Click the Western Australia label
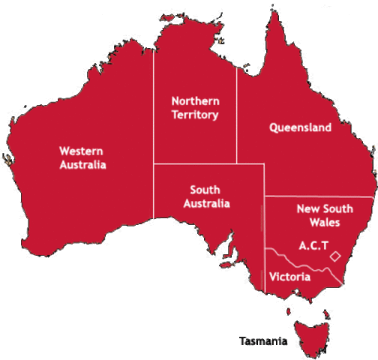click(x=82, y=157)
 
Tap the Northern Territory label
click(x=194, y=107)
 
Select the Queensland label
click(x=300, y=127)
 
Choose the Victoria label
click(x=289, y=277)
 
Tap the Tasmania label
click(x=262, y=341)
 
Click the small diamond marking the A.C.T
click(x=336, y=256)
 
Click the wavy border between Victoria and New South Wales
click(x=300, y=262)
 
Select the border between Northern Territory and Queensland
click(x=237, y=112)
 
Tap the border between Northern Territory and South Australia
click(x=195, y=163)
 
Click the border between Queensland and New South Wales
click(x=315, y=196)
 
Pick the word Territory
click(x=194, y=115)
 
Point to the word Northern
click(x=194, y=100)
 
